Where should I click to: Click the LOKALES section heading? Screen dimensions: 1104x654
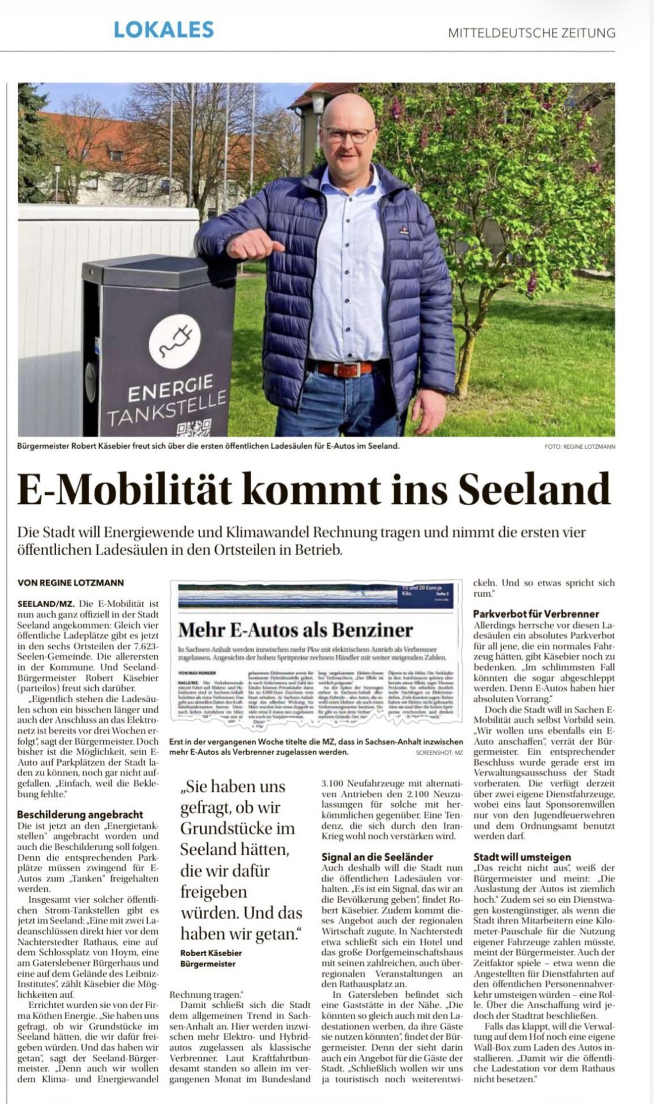(163, 29)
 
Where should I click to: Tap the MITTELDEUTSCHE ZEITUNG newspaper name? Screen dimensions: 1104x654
(531, 33)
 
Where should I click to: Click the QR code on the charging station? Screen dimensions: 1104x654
(190, 429)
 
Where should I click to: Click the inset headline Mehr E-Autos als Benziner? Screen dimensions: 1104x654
(295, 630)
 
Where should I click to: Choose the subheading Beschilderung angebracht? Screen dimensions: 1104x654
(80, 814)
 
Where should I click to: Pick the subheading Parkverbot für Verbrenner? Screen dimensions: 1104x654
(536, 613)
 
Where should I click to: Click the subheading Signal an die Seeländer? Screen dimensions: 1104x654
(377, 856)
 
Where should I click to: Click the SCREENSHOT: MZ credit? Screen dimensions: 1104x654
(439, 752)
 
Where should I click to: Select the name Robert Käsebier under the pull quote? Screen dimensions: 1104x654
(211, 953)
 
